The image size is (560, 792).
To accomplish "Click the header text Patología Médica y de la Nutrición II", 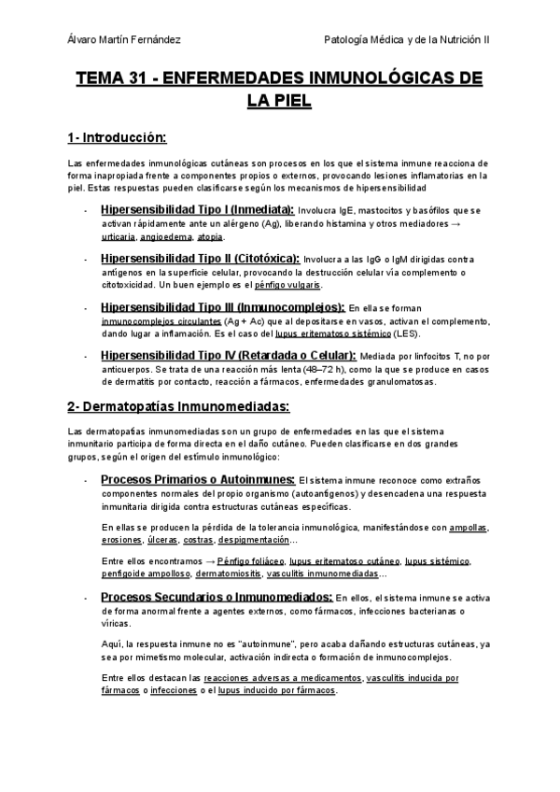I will click(407, 40).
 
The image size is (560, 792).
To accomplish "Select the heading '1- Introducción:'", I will click(116, 138).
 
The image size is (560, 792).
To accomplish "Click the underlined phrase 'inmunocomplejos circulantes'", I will click(148, 320).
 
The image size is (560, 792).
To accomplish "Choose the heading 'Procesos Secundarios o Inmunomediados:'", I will click(217, 597).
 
